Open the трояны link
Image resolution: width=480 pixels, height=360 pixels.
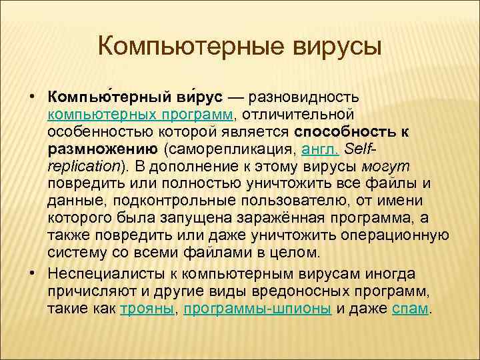(x=147, y=309)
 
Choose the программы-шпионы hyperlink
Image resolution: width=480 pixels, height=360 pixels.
(x=257, y=309)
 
